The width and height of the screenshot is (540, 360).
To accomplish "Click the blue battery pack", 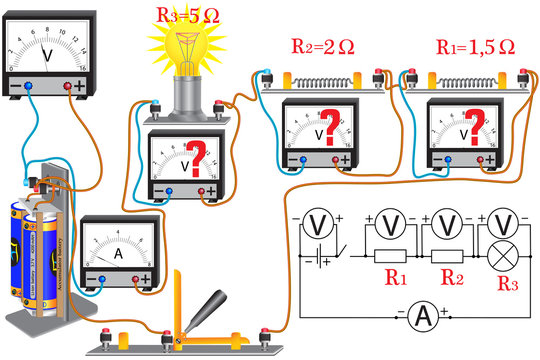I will coord(46,245).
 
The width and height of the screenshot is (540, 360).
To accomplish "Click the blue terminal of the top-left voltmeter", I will coord(28,87).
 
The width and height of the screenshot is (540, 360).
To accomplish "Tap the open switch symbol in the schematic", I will coord(343,250).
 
